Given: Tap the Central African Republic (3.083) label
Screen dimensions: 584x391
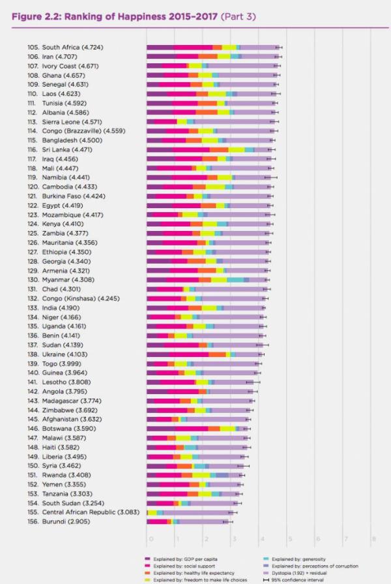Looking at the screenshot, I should (91, 513).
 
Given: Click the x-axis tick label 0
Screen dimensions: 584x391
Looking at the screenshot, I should (150, 539).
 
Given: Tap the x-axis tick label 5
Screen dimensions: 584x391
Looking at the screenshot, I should (290, 539).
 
